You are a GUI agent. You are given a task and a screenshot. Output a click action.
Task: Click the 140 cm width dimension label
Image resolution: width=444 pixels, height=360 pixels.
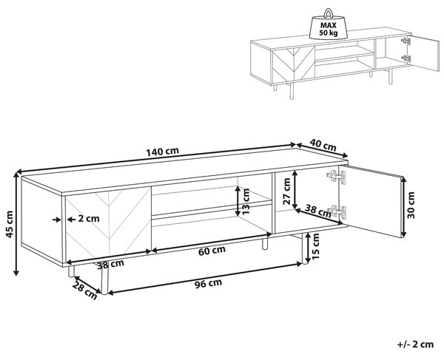coord(162,152)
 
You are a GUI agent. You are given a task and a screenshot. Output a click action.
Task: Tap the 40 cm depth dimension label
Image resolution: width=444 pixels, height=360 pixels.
coord(323,146)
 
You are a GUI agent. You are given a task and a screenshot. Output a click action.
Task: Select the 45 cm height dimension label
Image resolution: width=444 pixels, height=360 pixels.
coord(10,224)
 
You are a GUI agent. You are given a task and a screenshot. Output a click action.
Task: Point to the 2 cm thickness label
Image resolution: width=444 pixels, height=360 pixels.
coord(89,219)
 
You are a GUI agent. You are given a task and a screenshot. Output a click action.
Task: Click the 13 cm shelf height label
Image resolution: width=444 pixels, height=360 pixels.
coord(246,201)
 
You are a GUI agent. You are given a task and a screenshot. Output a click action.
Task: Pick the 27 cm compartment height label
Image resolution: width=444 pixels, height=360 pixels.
coord(286,191)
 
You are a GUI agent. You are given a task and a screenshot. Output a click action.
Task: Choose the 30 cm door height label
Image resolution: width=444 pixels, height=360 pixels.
coord(411,205)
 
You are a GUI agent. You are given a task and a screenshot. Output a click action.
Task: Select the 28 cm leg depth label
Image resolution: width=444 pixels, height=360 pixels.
coord(84,291)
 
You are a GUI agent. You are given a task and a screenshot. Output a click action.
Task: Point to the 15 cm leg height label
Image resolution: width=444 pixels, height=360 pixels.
coord(315,246)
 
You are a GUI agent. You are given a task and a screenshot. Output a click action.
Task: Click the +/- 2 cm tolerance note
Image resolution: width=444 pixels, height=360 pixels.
coord(415,344)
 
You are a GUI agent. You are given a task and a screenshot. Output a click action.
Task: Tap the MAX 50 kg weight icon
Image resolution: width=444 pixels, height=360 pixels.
coord(329,25)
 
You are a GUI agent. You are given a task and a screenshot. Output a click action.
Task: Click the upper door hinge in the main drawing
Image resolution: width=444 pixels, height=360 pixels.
coord(337,177)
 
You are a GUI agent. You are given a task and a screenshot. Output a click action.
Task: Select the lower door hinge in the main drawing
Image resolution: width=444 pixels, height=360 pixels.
coord(337,212)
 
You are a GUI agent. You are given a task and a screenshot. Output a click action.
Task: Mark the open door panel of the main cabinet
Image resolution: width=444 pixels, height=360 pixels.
coord(372,201)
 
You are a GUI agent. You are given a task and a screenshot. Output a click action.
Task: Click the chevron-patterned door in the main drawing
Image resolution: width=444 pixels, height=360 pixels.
coord(108,225)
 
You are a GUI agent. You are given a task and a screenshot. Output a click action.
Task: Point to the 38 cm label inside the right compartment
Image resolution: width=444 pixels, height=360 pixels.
coord(317,211)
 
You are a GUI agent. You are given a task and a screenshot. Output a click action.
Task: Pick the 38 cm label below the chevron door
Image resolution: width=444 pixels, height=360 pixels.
coord(110,264)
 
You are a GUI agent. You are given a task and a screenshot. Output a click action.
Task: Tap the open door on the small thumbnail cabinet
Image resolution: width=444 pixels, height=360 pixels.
coord(424,53)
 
